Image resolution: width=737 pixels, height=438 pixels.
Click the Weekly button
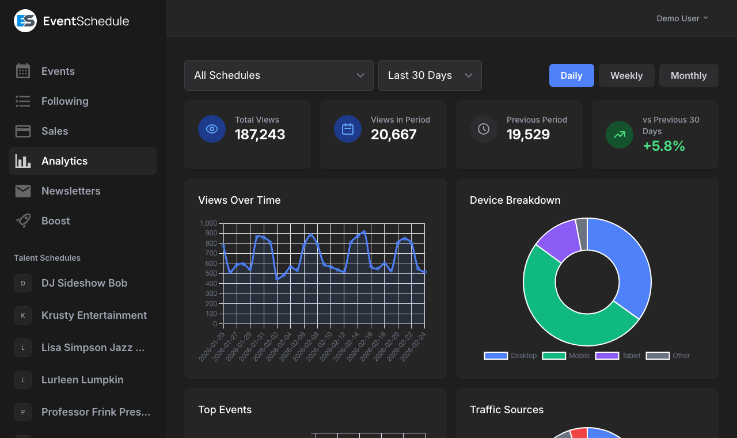coord(626,75)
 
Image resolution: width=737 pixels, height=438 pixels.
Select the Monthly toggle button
coord(689,75)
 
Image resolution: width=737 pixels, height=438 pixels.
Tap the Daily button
coord(571,75)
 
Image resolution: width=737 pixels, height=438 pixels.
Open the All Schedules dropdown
coord(279,75)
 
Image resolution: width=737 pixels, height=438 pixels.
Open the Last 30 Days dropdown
coord(430,75)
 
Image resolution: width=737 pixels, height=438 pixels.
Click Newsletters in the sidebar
coord(71,191)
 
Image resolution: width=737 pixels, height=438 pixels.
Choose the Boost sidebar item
coord(56,221)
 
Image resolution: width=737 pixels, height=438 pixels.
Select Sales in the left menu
coord(55,131)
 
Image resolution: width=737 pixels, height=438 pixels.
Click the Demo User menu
coord(682,18)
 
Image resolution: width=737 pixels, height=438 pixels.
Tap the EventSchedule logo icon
coord(25,21)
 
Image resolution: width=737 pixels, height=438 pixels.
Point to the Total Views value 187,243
coord(260,135)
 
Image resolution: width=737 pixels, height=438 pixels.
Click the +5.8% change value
coord(664,146)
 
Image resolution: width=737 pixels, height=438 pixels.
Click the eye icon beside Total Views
coord(212,129)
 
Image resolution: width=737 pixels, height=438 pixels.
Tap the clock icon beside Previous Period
coord(484,129)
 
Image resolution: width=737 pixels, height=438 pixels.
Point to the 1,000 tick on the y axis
coord(208,223)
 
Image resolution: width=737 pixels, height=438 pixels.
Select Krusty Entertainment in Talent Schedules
coord(94,315)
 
